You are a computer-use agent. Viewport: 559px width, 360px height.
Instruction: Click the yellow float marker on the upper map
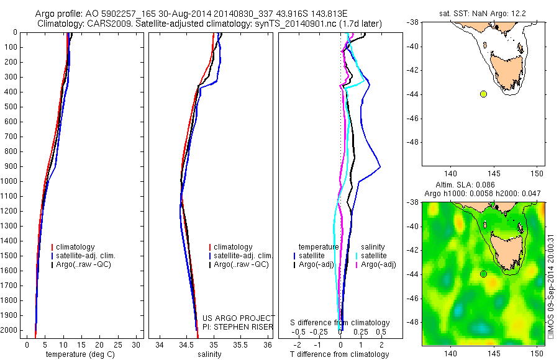(x=483, y=94)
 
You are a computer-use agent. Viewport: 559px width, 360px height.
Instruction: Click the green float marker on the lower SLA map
(x=483, y=274)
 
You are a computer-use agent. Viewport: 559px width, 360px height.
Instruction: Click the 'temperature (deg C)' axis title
(x=78, y=354)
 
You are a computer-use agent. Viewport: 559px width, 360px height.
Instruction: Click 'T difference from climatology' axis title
(x=339, y=354)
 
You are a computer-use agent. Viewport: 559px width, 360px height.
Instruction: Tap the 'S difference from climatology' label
(x=340, y=323)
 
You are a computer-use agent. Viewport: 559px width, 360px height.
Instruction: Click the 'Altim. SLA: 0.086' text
(x=481, y=186)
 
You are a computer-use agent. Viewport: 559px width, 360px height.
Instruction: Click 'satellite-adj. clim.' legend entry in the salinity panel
(x=243, y=256)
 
